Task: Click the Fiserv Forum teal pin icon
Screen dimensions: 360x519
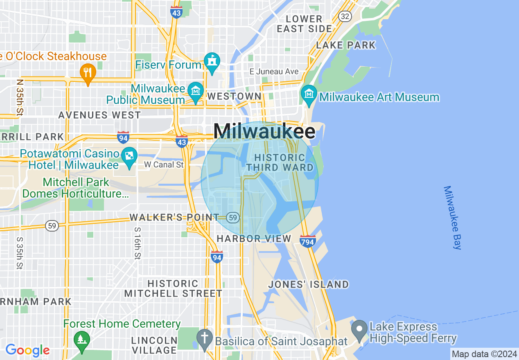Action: pyautogui.click(x=212, y=62)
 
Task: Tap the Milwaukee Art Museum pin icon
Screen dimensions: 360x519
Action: pyautogui.click(x=309, y=93)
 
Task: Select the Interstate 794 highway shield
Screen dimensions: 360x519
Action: pyautogui.click(x=307, y=241)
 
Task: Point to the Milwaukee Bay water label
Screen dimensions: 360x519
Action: pyautogui.click(x=452, y=218)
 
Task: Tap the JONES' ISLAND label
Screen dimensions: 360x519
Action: pyautogui.click(x=308, y=284)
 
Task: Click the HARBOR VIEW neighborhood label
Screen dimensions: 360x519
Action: pyautogui.click(x=254, y=239)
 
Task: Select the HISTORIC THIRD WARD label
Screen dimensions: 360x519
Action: pyautogui.click(x=280, y=162)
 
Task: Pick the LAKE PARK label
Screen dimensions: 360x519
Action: pyautogui.click(x=346, y=45)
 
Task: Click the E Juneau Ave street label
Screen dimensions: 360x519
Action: pyautogui.click(x=274, y=72)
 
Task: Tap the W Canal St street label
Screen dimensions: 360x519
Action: pyautogui.click(x=164, y=165)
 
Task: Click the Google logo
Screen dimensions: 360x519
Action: pyautogui.click(x=27, y=350)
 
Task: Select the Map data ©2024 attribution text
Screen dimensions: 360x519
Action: pyautogui.click(x=484, y=354)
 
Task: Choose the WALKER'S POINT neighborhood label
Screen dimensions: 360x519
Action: pyautogui.click(x=174, y=217)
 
